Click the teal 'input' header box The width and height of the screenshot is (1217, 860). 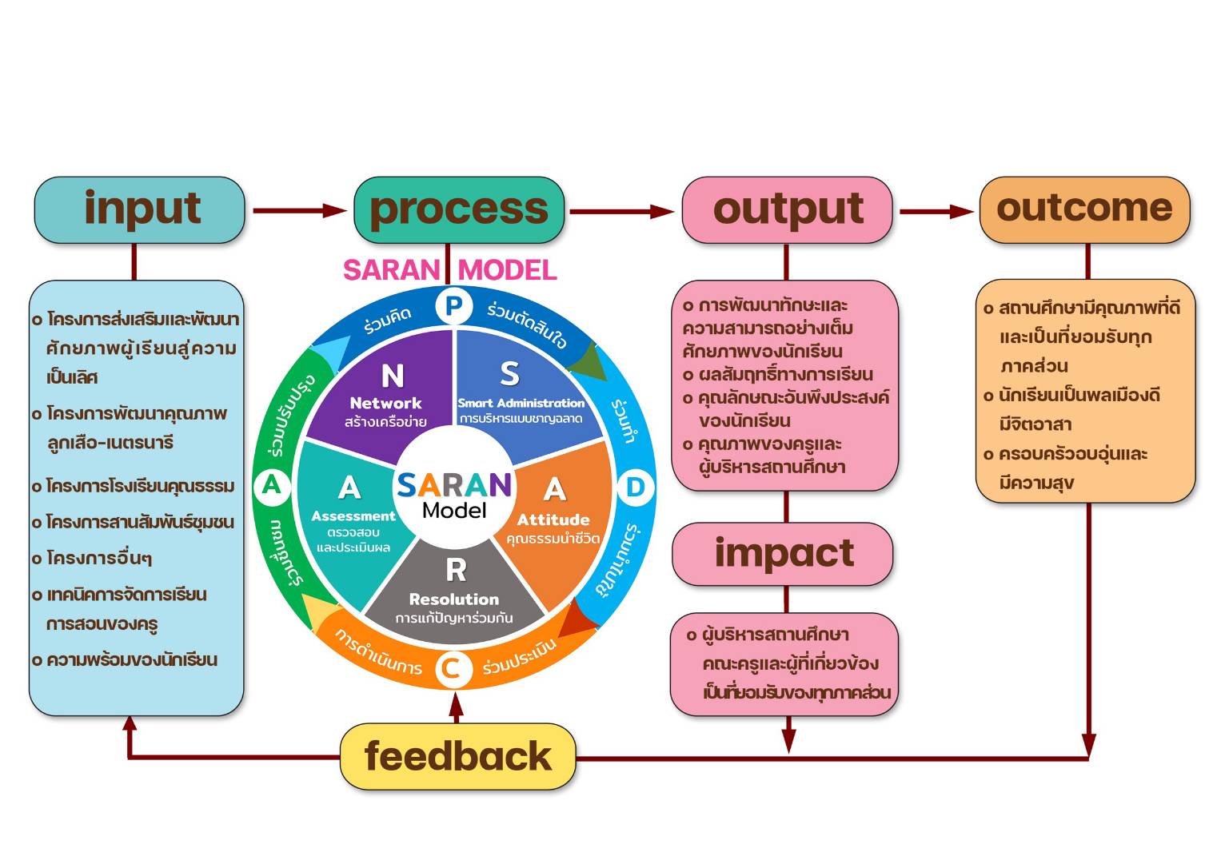pos(139,209)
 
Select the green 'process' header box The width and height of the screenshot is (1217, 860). pos(459,209)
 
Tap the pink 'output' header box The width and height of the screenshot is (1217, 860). pos(787,209)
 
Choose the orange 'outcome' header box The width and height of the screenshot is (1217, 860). pos(1084,209)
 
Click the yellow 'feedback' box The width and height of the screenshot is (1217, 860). pos(457,756)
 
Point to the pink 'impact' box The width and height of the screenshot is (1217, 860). pos(784,553)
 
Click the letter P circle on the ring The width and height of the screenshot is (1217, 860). pos(453,306)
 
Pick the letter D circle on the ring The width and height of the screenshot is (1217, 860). pos(635,487)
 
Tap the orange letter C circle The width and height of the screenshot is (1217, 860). pos(452,668)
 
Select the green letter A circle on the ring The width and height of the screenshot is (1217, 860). pos(272,485)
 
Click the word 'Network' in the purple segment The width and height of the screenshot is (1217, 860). pos(385,404)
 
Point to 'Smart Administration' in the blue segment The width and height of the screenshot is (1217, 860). pos(521,403)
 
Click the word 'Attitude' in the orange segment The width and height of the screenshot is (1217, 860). pos(553,520)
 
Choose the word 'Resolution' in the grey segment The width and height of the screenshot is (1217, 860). pos(454,599)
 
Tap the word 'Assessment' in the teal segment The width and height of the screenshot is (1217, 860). pos(353,516)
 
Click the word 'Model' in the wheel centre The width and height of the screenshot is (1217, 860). pos(454,510)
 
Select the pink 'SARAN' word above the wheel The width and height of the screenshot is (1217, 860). pos(391,270)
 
